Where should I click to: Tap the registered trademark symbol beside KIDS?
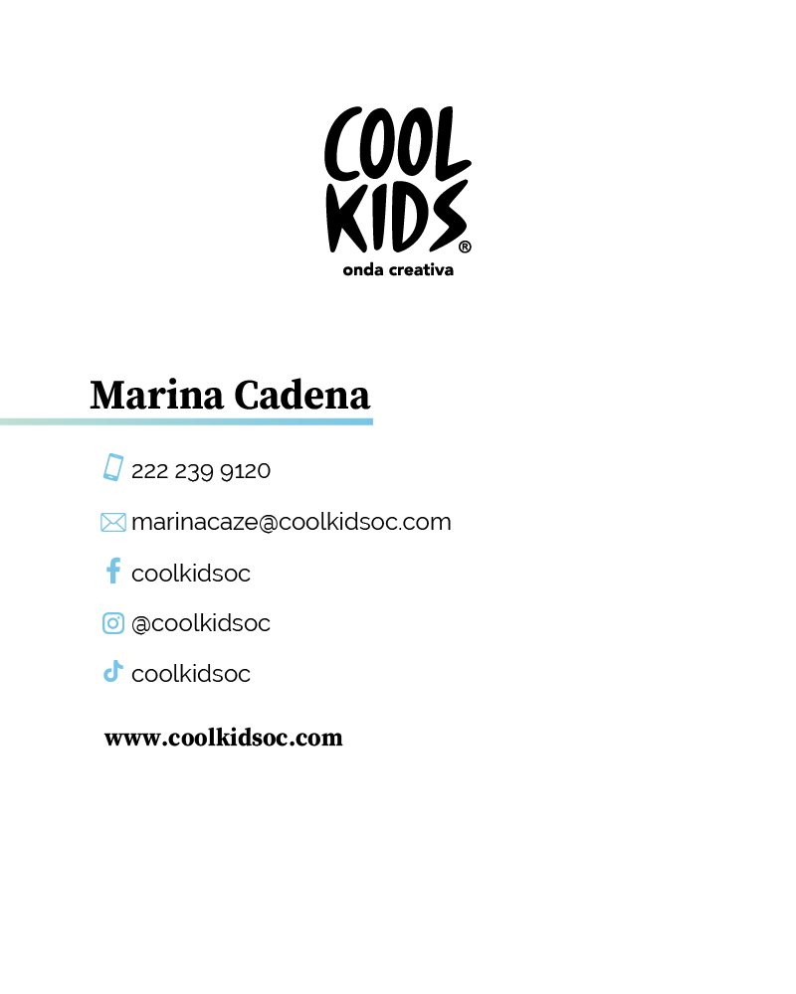point(465,246)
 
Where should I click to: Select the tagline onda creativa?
point(398,270)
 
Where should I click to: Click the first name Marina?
point(156,396)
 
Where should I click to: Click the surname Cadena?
point(301,396)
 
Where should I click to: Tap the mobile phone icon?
point(113,467)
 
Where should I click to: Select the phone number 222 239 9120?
point(201,471)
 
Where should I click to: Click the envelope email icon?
point(113,522)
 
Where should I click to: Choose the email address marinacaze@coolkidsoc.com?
point(291,522)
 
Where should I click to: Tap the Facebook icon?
point(113,571)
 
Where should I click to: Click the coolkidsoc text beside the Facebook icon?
point(191,574)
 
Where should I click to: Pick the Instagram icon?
point(113,623)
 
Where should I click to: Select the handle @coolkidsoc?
point(201,623)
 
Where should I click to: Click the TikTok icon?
point(113,672)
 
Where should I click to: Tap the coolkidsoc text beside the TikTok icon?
point(191,674)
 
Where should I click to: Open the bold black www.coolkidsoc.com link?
point(224,739)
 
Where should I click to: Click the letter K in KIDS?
point(343,217)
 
